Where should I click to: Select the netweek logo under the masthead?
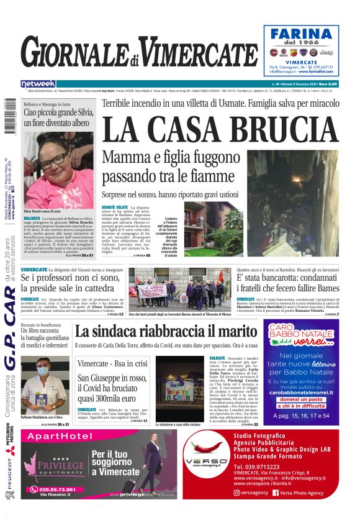38,84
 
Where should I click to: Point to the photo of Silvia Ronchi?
59,169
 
